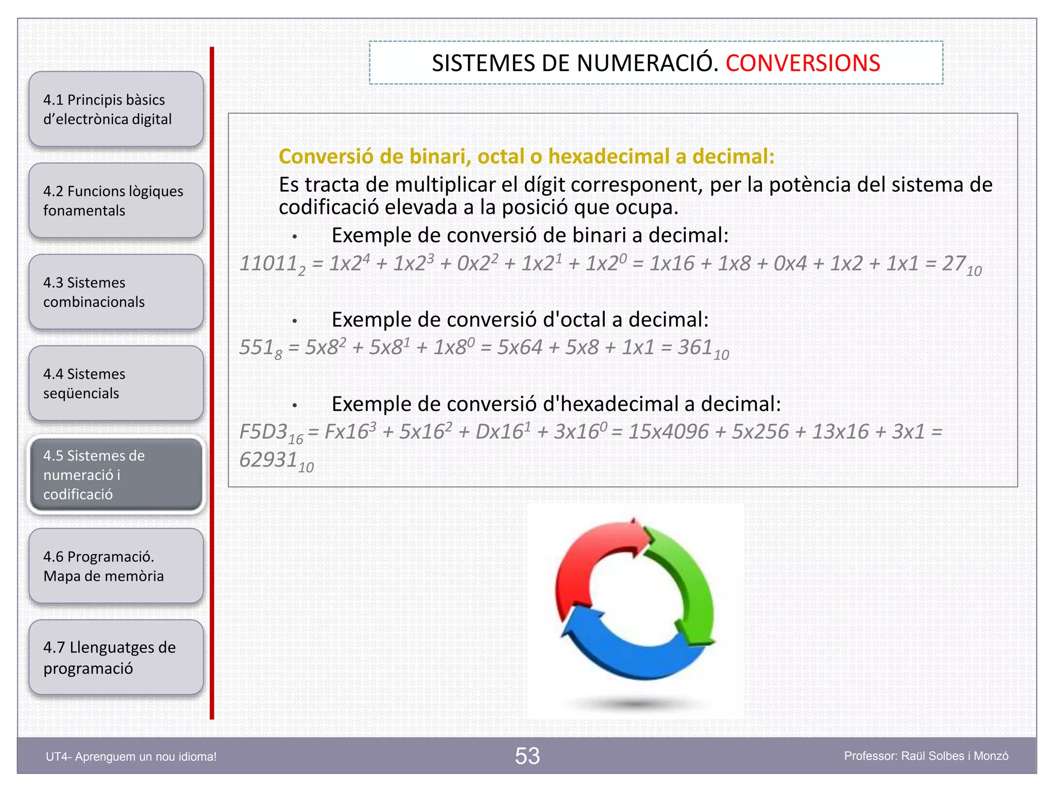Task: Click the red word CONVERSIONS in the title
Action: click(x=803, y=63)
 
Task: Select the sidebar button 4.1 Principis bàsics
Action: click(x=116, y=109)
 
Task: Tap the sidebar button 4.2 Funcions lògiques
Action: click(x=116, y=201)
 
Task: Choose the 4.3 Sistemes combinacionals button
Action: click(x=116, y=292)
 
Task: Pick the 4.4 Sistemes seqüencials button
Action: click(x=116, y=384)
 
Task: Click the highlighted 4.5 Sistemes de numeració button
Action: click(x=116, y=475)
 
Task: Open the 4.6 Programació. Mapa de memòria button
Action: click(x=116, y=566)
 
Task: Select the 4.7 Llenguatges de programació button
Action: click(x=116, y=658)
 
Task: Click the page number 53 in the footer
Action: click(x=527, y=756)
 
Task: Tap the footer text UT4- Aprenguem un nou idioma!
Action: click(x=131, y=756)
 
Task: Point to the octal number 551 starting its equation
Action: click(x=257, y=348)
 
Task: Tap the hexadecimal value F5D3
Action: click(x=263, y=432)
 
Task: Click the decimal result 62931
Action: click(x=268, y=460)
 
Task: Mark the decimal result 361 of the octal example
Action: click(x=695, y=348)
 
